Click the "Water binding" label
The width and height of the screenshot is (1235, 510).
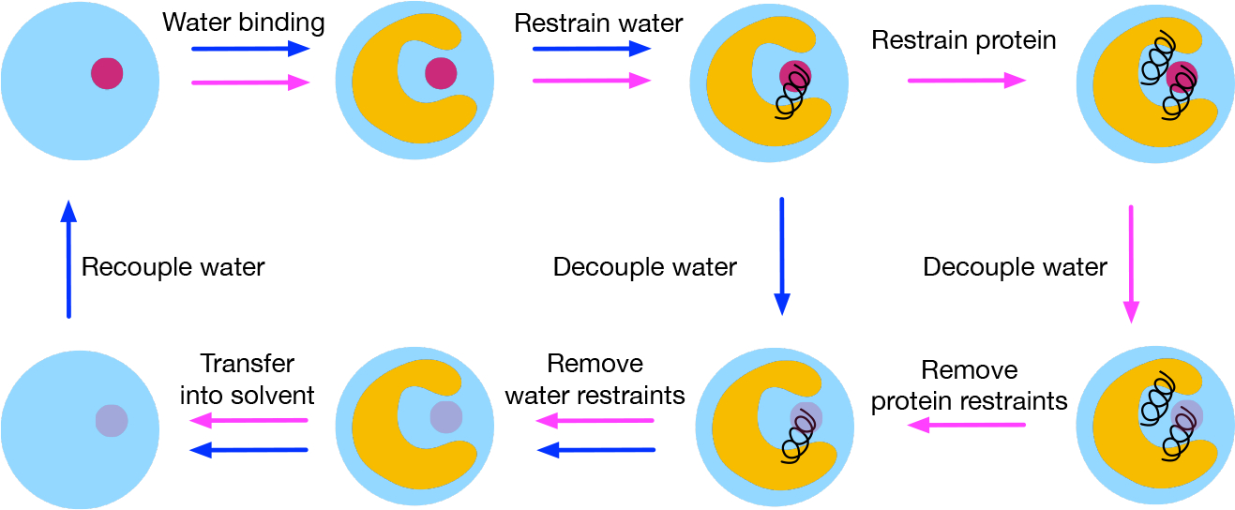pyautogui.click(x=244, y=22)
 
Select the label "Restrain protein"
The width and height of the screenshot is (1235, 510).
pyautogui.click(x=964, y=40)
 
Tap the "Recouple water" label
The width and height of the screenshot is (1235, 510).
pyautogui.click(x=173, y=267)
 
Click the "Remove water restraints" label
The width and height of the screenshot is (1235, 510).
pyautogui.click(x=595, y=379)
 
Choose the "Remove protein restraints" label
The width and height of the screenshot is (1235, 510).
pyautogui.click(x=970, y=384)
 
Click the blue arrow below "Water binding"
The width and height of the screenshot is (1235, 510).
pyautogui.click(x=250, y=50)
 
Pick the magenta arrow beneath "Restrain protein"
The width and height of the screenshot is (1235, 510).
pyautogui.click(x=967, y=82)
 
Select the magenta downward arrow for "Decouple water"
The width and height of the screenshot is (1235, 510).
pyautogui.click(x=1130, y=263)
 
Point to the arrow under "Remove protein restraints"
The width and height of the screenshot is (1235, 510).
pyautogui.click(x=966, y=426)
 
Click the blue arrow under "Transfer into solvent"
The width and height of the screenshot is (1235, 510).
pyautogui.click(x=249, y=450)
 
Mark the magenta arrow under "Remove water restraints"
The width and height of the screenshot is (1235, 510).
pyautogui.click(x=595, y=420)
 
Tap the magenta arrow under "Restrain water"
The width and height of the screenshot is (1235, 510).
pyautogui.click(x=592, y=82)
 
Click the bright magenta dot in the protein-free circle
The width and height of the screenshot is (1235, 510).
pyautogui.click(x=107, y=73)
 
